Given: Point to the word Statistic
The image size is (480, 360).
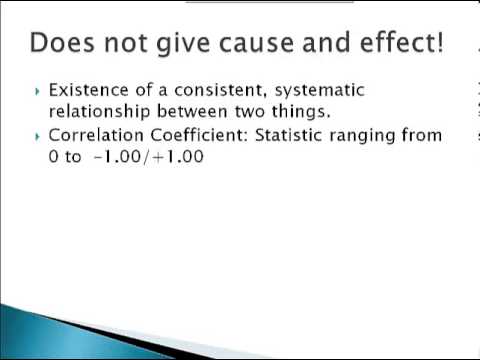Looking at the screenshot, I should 287,136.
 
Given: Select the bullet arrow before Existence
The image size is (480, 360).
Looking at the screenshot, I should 38,91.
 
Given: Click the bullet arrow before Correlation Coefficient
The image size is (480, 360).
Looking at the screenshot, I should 38,136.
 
